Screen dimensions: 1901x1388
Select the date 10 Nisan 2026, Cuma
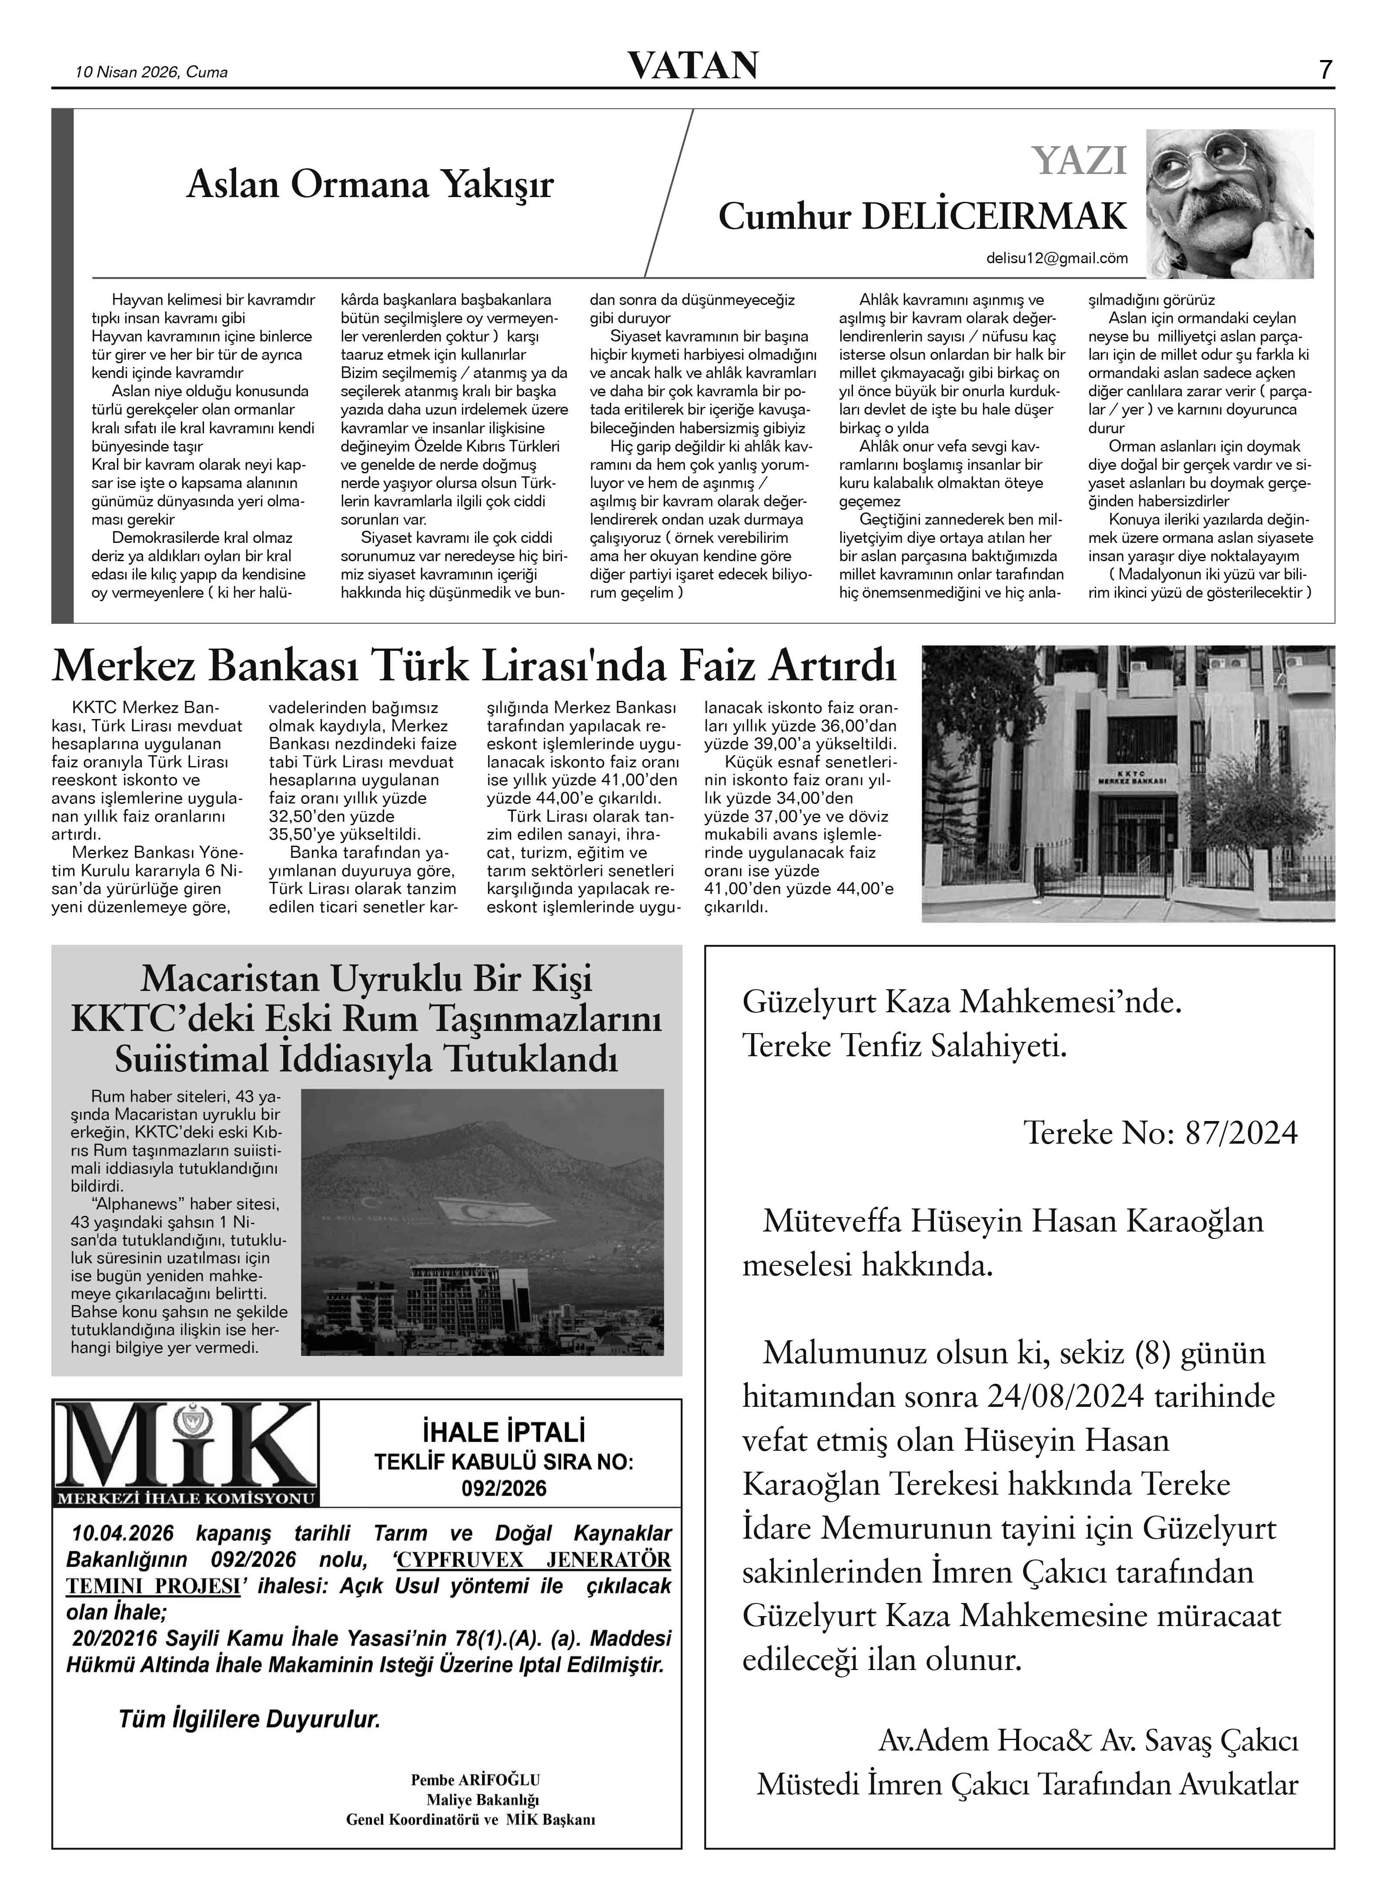tap(151, 72)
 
